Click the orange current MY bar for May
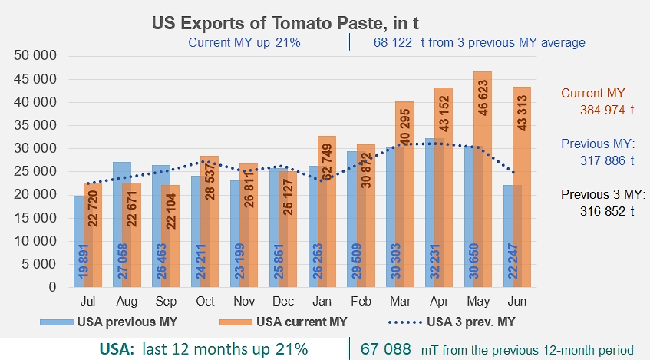483,179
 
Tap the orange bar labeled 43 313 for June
522,187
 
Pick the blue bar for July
79,241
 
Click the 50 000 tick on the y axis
35,55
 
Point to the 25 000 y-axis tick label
35,171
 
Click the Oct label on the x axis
205,301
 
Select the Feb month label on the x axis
361,301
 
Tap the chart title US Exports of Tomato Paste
285,23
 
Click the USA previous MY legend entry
109,322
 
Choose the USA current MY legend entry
283,322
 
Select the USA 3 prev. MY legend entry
451,322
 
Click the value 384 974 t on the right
607,110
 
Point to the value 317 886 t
607,160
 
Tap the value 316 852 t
607,212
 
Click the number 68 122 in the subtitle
393,42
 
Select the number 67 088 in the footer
386,349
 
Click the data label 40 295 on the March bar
405,126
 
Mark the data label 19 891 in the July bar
84,261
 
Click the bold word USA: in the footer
117,349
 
